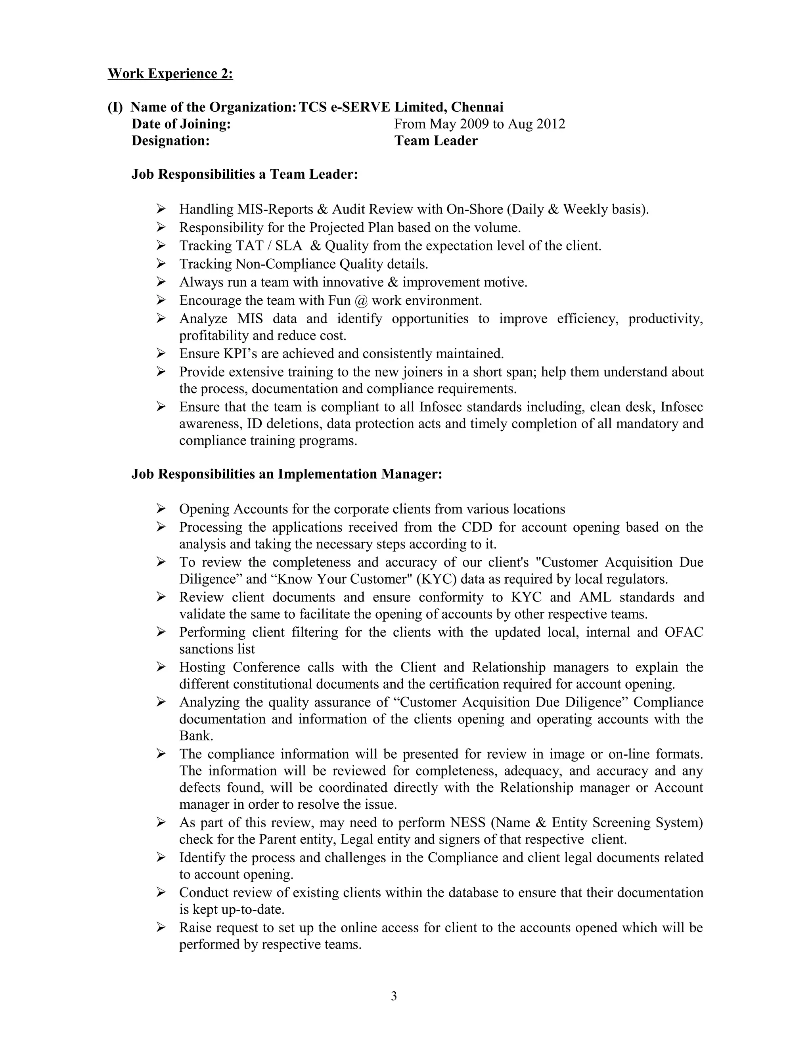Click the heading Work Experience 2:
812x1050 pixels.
tap(170, 74)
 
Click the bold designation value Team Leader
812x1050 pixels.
tap(436, 141)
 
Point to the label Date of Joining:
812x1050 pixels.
tap(181, 124)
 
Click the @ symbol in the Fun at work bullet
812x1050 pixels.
tap(361, 301)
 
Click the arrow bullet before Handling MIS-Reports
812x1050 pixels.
tap(161, 209)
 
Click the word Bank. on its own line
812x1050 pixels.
tap(196, 736)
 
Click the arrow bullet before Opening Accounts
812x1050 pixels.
tap(161, 509)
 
